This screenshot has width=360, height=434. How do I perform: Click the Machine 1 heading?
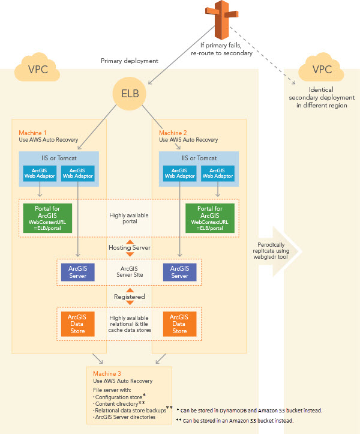point(34,132)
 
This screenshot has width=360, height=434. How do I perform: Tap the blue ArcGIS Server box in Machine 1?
point(77,272)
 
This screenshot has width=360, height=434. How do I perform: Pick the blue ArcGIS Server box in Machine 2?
point(180,272)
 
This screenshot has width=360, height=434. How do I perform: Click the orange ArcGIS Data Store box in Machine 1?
point(77,324)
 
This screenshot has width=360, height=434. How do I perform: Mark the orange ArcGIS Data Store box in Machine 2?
point(180,324)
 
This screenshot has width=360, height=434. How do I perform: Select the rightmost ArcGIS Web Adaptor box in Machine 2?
point(217,173)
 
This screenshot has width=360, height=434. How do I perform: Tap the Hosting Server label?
point(130,247)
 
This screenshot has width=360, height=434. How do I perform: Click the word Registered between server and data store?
point(130,297)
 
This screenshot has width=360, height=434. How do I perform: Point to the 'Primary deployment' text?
point(129,61)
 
